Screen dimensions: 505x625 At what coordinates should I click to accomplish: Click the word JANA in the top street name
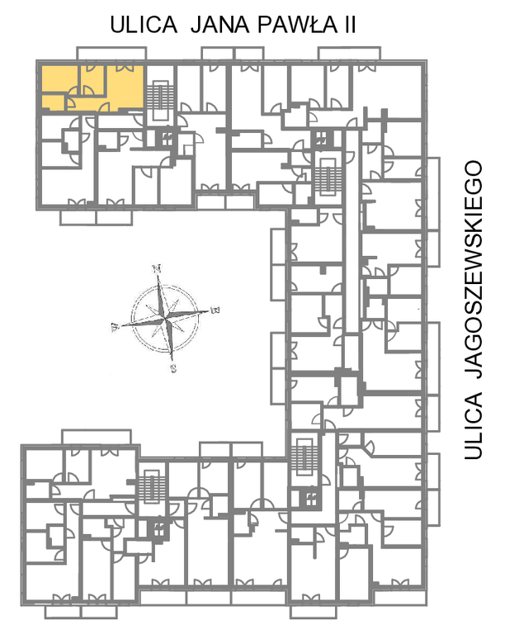[x=220, y=25]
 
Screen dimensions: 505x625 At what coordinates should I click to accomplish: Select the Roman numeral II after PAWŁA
[x=348, y=25]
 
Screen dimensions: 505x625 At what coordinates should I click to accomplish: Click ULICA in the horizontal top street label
[x=144, y=25]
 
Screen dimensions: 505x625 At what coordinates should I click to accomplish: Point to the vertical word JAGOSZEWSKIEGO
[x=474, y=269]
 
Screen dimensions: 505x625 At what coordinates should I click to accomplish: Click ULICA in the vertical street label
[x=474, y=426]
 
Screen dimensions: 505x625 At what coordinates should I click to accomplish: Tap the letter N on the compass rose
[x=158, y=268]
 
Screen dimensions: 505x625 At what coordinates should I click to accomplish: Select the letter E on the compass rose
[x=215, y=310]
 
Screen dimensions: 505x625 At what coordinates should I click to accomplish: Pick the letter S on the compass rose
[x=173, y=368]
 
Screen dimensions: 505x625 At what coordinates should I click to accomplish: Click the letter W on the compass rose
[x=115, y=328]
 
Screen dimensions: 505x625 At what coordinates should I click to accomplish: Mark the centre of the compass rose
[x=164, y=318]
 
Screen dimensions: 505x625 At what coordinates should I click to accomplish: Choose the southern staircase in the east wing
[x=304, y=456]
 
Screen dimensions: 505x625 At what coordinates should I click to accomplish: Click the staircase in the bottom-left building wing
[x=149, y=486]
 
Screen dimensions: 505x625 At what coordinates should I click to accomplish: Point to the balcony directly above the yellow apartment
[x=111, y=54]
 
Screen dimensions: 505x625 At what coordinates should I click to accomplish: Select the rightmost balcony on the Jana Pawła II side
[x=349, y=54]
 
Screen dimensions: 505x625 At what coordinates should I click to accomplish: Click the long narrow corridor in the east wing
[x=352, y=231]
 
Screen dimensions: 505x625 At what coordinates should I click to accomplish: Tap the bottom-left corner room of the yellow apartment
[x=54, y=102]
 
